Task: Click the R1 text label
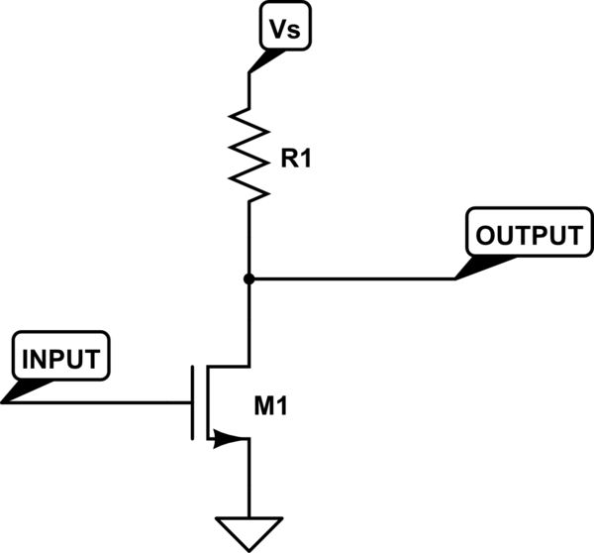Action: click(296, 159)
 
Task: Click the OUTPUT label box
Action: click(526, 235)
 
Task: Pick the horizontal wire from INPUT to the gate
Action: click(99, 402)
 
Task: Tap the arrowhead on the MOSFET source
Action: click(234, 437)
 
